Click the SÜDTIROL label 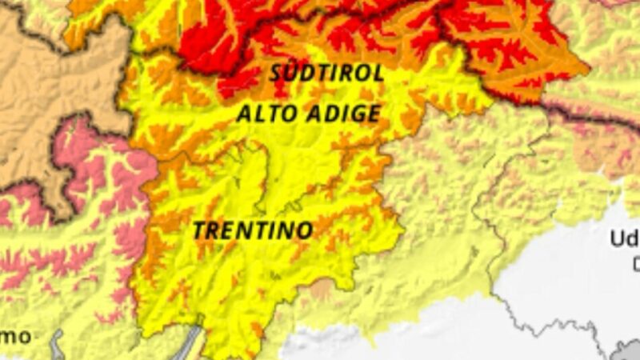tap(326, 73)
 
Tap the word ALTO tap(266, 114)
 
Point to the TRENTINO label tap(252, 230)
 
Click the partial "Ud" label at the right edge tap(624, 238)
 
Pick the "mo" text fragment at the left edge tap(15, 335)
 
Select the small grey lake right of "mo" tap(57, 342)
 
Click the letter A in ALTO tap(244, 114)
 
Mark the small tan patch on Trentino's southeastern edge tap(321, 289)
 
